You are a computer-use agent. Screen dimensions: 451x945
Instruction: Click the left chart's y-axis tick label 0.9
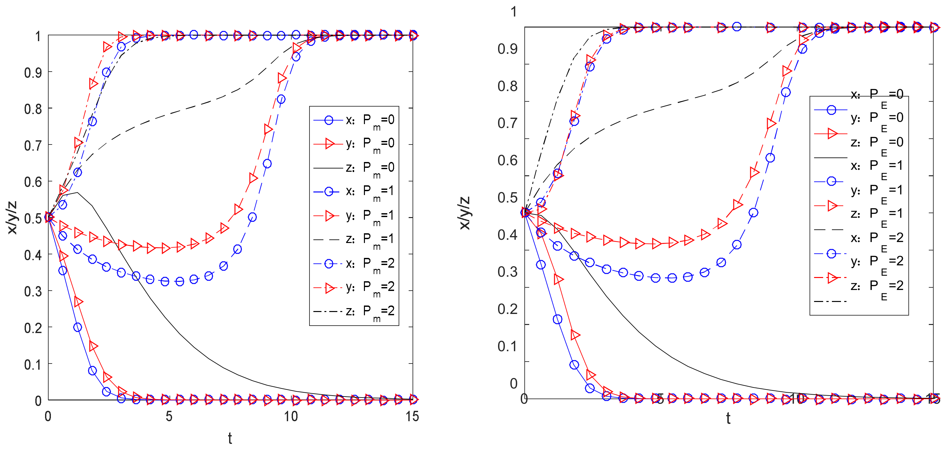tap(33, 73)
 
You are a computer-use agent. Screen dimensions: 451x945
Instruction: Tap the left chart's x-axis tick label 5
tap(169, 417)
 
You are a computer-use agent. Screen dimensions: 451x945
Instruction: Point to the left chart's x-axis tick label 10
tap(291, 417)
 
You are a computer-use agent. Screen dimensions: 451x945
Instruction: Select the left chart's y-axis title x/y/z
tap(12, 217)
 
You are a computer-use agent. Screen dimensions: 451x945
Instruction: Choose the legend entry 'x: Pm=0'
tap(370, 120)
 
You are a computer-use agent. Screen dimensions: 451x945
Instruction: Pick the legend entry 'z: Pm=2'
tap(370, 312)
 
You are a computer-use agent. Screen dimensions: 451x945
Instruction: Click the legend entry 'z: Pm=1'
tap(370, 240)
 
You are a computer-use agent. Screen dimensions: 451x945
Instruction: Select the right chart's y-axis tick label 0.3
tap(507, 272)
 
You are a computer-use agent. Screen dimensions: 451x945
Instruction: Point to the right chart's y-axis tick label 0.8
tap(507, 87)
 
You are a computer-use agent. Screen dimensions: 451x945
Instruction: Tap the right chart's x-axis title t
tap(728, 418)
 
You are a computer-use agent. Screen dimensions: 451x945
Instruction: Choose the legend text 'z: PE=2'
tap(877, 286)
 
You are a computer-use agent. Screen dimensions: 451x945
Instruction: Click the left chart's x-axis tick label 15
tap(412, 417)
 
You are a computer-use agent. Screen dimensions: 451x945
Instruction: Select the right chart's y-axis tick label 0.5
tap(507, 198)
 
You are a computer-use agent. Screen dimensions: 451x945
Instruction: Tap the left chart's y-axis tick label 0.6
tap(33, 182)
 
